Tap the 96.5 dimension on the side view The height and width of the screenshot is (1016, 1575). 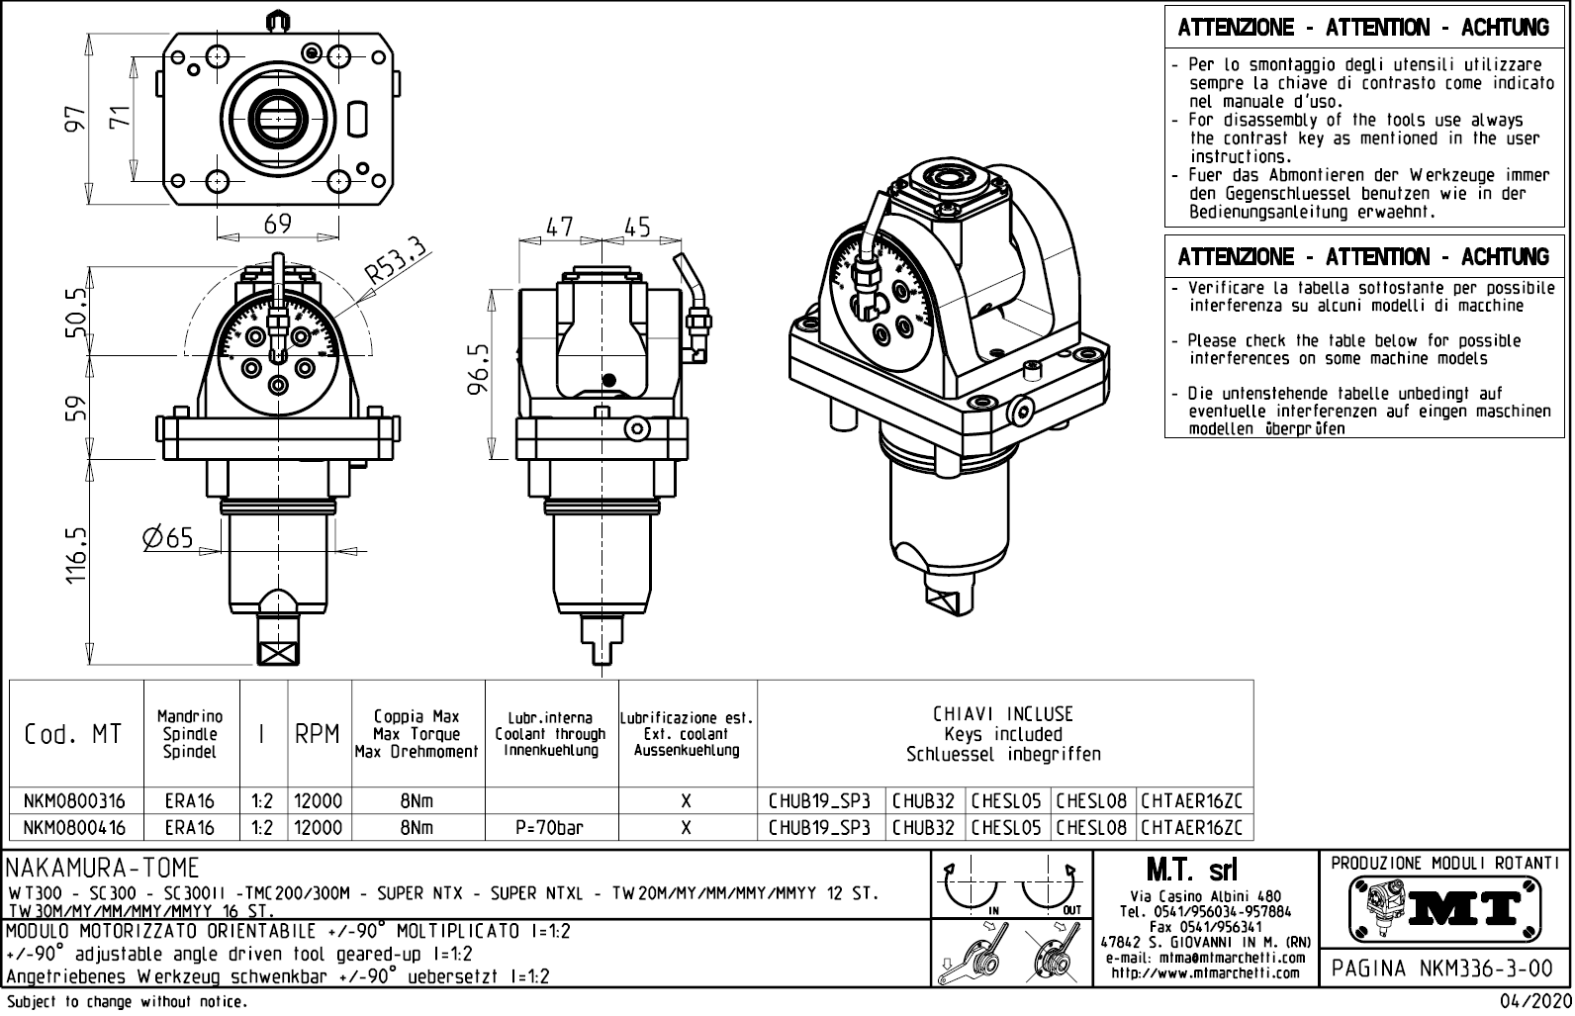coord(479,368)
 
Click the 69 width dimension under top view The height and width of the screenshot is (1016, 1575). coord(278,224)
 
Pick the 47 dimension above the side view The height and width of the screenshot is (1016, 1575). coord(560,227)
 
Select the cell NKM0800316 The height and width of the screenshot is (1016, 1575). coord(75,800)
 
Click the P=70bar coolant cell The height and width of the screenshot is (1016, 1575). coord(550,827)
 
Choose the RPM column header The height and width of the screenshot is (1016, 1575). coord(318,734)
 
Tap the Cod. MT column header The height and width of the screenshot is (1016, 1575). coord(74,734)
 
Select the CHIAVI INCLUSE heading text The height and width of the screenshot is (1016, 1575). coord(1003,714)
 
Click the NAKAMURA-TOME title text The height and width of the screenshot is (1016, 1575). coord(103,869)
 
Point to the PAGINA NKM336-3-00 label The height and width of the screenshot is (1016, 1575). coord(1442,968)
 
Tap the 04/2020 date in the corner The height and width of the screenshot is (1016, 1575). coord(1535,1002)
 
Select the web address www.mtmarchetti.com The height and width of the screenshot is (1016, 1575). coord(1205,972)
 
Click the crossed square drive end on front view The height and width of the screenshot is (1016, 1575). coord(278,652)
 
